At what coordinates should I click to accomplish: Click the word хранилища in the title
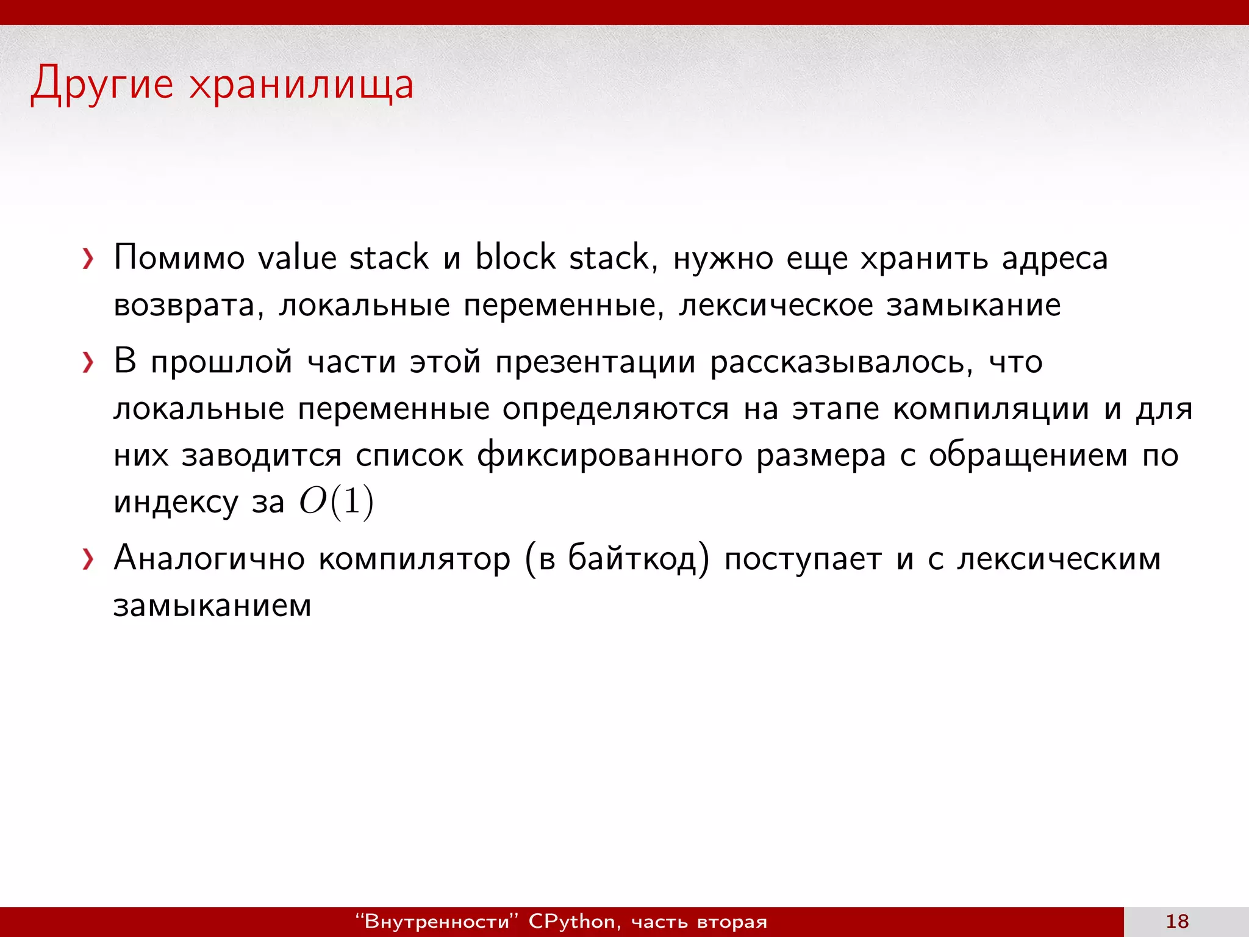tap(301, 84)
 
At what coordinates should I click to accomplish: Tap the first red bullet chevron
tap(88, 259)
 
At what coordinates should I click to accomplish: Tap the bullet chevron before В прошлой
tap(88, 363)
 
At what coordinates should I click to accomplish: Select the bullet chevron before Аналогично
tap(88, 559)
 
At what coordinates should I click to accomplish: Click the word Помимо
tap(179, 257)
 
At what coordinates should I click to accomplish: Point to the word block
tap(515, 257)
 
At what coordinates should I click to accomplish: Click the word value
tap(297, 257)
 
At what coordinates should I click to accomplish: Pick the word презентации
tap(595, 363)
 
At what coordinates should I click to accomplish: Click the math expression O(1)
tap(336, 503)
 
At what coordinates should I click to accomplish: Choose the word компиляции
tap(991, 409)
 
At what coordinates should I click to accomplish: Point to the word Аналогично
tap(209, 559)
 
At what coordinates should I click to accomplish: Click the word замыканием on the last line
tap(212, 606)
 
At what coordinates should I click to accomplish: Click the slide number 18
tap(1177, 921)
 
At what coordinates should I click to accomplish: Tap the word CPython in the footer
tap(572, 922)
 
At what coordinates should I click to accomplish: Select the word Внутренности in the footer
tap(437, 922)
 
